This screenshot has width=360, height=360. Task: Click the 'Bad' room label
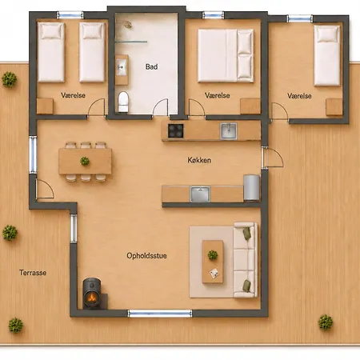pos(151,66)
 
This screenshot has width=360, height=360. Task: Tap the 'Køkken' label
pos(199,160)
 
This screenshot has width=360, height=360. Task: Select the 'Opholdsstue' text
pos(146,256)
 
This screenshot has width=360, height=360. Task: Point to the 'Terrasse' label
pos(33,273)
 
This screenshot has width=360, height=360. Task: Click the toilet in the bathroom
pos(123,102)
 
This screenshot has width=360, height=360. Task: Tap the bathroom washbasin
pos(122,67)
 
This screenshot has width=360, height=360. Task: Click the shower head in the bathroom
pos(128,25)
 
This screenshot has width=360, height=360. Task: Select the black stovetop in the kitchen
pos(176,130)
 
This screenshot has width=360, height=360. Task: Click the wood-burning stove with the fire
pos(92,294)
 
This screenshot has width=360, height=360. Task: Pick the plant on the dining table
pos(85,161)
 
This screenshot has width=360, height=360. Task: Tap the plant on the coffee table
pos(213,254)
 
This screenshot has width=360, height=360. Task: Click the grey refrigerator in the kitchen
pos(251,187)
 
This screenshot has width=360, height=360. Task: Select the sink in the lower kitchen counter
pos(200,194)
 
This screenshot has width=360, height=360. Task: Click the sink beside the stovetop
pos(229,131)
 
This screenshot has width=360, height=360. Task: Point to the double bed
pos(226,55)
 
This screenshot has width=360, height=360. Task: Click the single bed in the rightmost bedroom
pos(327,55)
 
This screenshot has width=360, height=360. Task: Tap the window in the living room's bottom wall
pos(160,314)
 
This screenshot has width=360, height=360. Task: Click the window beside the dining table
pos(33,154)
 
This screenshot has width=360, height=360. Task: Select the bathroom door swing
pos(161,107)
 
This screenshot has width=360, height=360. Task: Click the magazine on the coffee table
pos(214,273)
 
